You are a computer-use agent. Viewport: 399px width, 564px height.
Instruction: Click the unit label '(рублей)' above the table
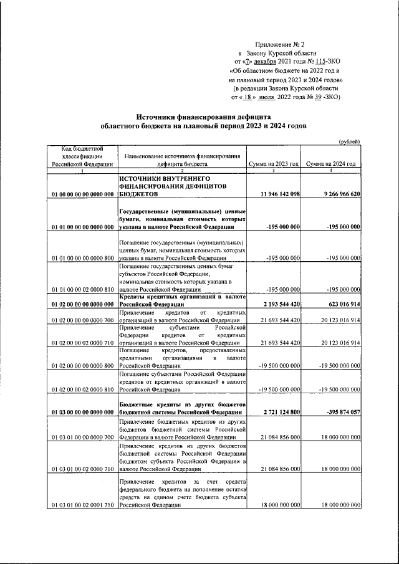(x=349, y=142)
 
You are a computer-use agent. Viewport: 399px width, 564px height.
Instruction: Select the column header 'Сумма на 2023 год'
(x=274, y=164)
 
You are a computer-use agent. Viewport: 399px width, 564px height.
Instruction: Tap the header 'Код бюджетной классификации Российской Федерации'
(x=81, y=156)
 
